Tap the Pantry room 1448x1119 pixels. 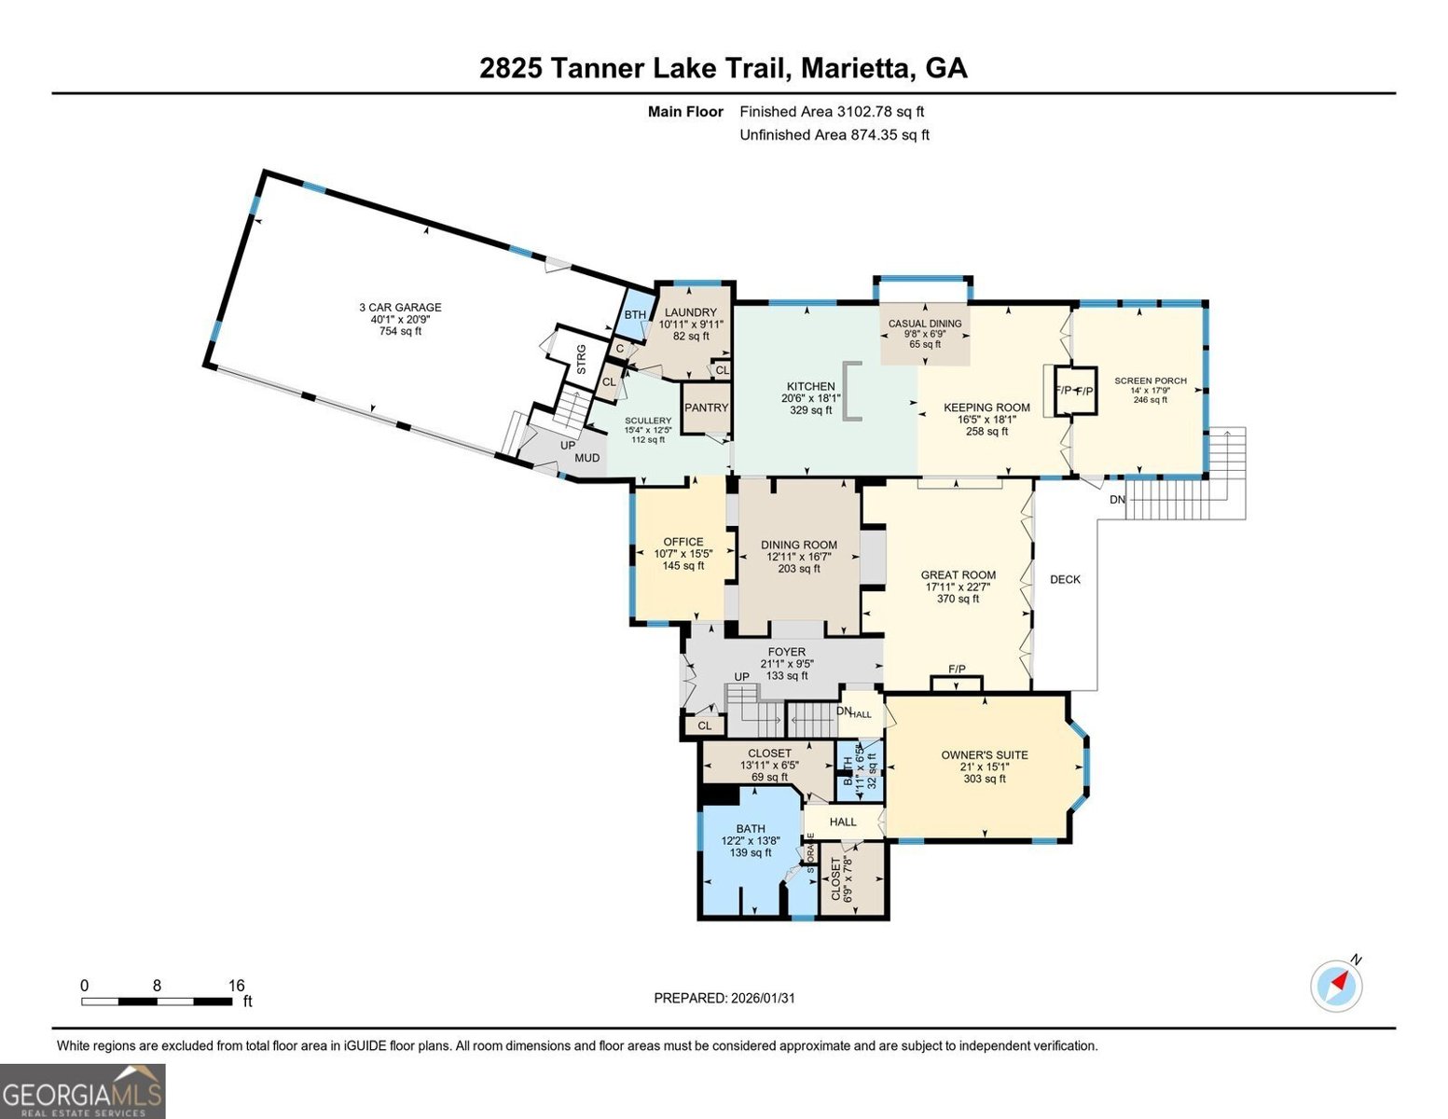706,408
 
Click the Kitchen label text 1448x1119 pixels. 810,386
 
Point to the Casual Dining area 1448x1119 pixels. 924,324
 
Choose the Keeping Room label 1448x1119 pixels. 986,408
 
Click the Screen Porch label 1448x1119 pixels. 1151,380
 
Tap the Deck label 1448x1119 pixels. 1065,579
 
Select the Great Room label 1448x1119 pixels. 958,575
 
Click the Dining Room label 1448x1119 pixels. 798,545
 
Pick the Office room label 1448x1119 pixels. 683,542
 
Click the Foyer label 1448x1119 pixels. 786,652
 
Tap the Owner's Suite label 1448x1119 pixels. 984,755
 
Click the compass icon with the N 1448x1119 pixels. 1337,985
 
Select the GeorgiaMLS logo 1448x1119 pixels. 83,1090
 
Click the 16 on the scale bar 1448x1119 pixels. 236,985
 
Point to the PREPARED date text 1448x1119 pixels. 724,998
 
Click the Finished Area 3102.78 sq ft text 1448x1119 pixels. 832,111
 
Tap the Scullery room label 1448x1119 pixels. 647,421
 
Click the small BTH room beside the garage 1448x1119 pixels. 635,314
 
